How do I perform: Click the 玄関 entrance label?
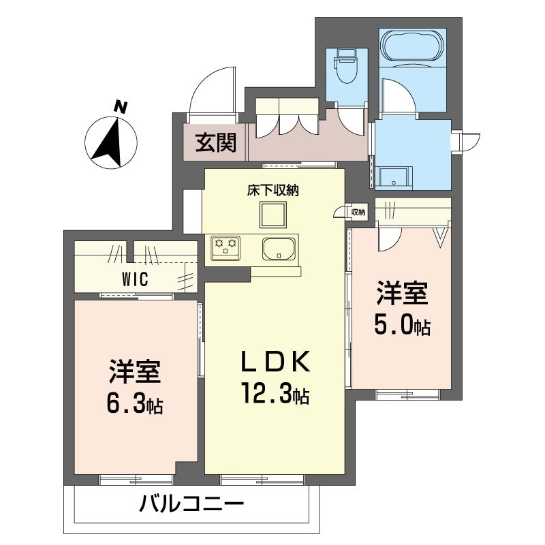(x=215, y=142)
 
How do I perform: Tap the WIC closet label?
(x=135, y=279)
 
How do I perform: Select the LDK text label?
(x=275, y=362)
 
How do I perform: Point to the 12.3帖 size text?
(x=275, y=393)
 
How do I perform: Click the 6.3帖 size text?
(x=134, y=403)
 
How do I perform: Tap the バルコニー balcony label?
(x=191, y=504)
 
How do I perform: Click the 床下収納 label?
(x=273, y=190)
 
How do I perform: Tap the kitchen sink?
(x=279, y=248)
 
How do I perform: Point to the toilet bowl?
(x=345, y=67)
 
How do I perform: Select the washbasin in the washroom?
(x=394, y=178)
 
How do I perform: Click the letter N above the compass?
(x=121, y=107)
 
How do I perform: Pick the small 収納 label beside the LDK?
(x=358, y=212)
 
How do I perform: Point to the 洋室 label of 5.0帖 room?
(x=402, y=294)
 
